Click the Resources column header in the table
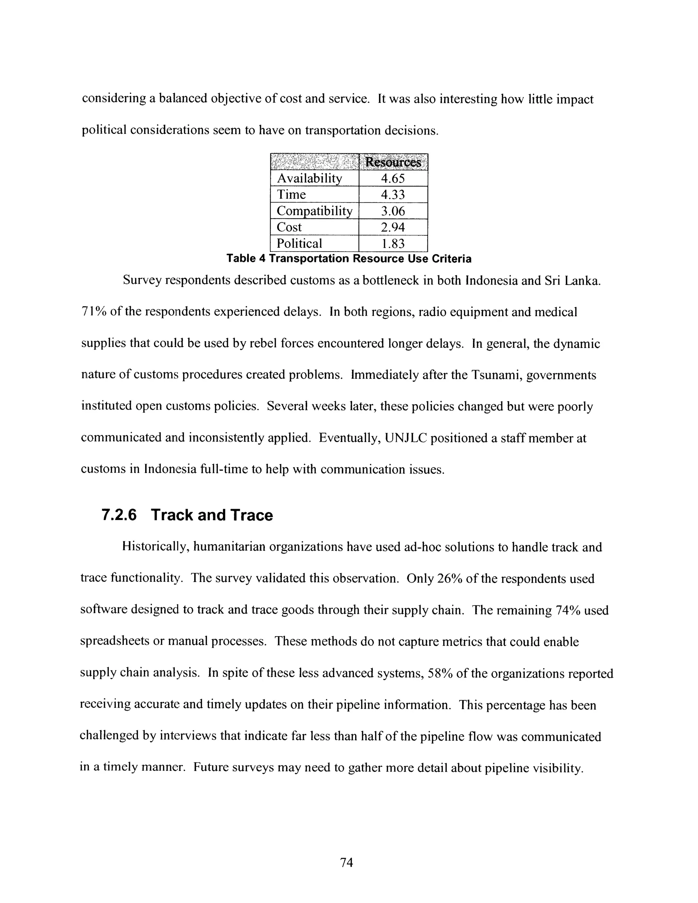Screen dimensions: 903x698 coord(393,162)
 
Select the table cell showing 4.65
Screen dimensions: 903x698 coord(393,179)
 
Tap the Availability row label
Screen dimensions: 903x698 coord(309,179)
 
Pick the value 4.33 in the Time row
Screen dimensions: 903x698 coord(393,195)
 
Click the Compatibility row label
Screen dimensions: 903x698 coord(314,211)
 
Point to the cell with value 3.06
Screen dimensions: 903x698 coord(393,211)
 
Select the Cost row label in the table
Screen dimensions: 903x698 coord(289,227)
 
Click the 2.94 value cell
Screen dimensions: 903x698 coord(393,227)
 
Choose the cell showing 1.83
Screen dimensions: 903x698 coord(393,244)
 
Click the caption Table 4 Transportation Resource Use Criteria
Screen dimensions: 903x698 coord(349,259)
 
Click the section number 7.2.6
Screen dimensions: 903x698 coord(119,515)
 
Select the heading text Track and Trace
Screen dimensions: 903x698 coord(212,515)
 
